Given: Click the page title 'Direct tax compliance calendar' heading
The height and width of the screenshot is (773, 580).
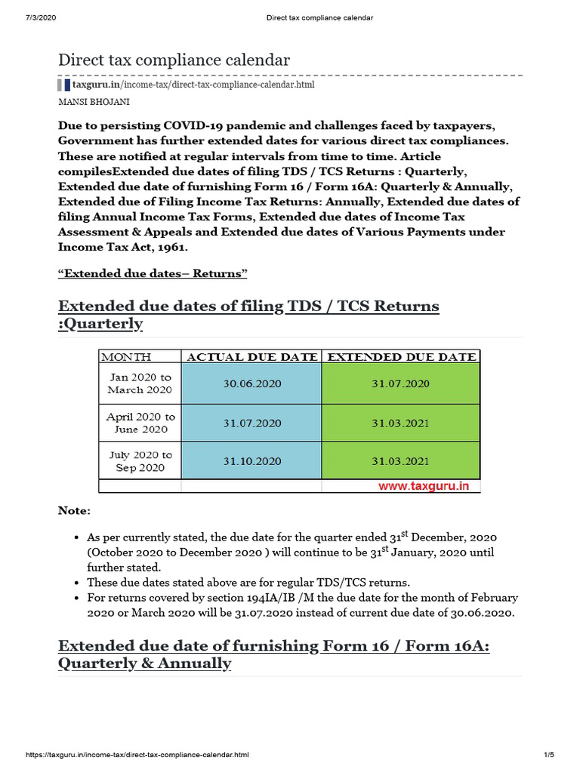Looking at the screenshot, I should pos(174,60).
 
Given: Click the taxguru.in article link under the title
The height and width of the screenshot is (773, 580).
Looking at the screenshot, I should pos(193,85).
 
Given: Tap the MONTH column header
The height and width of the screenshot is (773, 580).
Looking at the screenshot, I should pos(126,357).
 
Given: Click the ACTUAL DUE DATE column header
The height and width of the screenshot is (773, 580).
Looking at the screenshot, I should pos(251,357).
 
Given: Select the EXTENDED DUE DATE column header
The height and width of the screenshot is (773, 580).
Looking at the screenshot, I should pos(401,357).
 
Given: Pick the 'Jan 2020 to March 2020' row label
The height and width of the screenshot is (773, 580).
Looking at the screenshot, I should pos(140,383).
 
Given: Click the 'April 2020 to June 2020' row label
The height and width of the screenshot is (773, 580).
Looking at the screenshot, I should pos(140,423).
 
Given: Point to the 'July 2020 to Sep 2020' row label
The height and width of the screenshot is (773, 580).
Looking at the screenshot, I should pos(140,461).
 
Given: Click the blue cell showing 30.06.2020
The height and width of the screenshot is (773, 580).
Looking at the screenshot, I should pos(251,383).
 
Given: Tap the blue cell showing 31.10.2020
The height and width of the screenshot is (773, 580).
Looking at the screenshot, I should pos(251,461).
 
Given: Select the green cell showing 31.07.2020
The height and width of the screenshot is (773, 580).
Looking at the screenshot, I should pos(401,383).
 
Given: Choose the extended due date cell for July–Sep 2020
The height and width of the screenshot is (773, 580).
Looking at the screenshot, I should pos(401,461).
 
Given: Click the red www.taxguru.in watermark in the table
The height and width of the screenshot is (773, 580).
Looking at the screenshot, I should pos(424,486).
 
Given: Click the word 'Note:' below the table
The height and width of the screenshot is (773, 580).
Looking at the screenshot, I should pos(74,511).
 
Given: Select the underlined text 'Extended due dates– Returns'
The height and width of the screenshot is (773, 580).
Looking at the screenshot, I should pos(153,273).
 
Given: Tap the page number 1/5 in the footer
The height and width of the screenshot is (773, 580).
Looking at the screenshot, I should pos(549,755).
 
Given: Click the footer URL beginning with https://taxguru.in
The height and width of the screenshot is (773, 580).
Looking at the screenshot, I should pos(137,755).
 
